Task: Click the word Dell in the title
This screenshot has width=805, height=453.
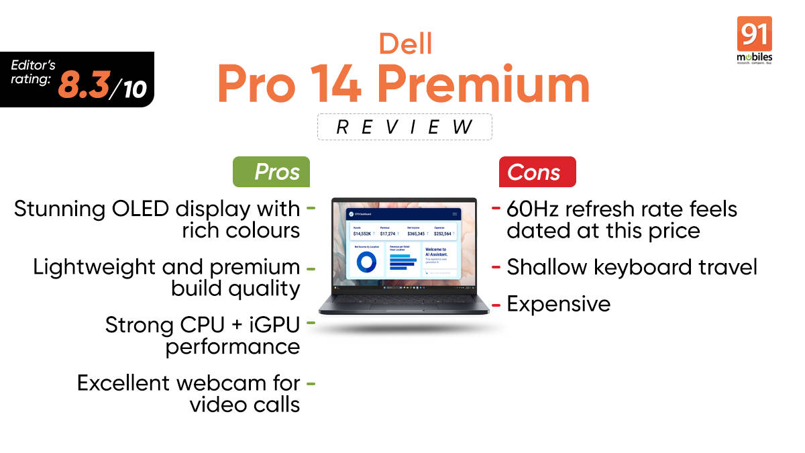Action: [x=405, y=44]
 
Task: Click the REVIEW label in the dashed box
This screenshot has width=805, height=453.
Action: [x=405, y=126]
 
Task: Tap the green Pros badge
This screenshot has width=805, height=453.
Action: [x=271, y=172]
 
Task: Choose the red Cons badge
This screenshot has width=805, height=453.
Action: [x=537, y=172]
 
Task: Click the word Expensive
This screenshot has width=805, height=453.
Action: [x=559, y=304]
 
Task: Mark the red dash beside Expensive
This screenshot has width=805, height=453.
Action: [x=496, y=305]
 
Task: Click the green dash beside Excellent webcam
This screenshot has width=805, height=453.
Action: [x=311, y=384]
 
